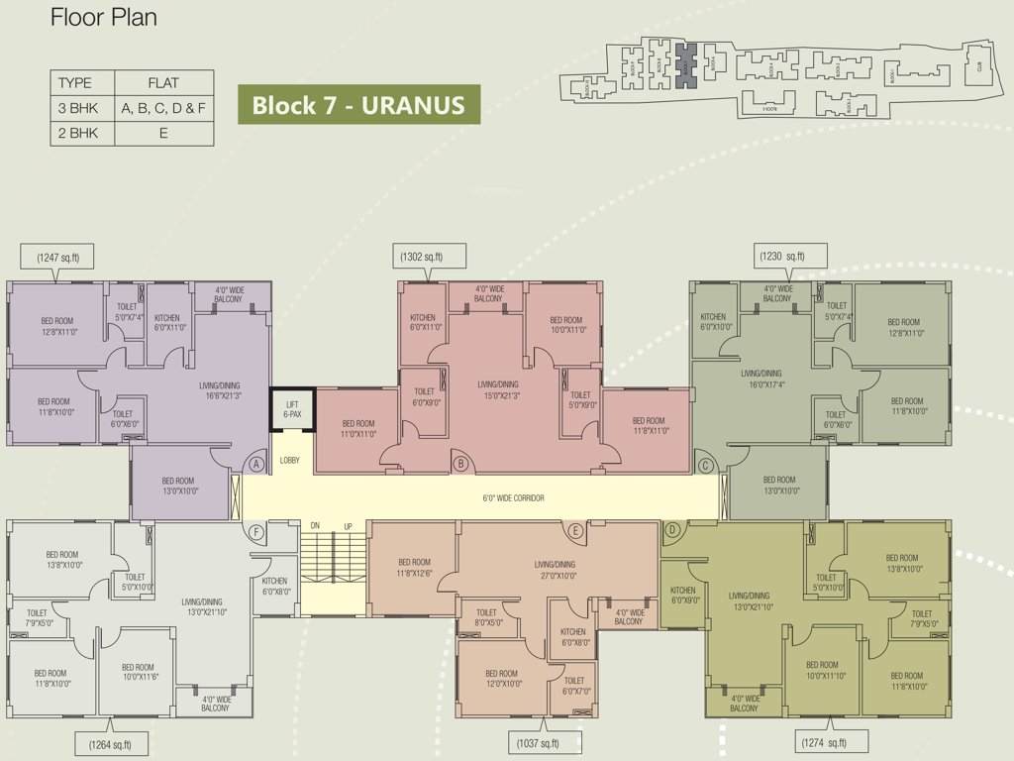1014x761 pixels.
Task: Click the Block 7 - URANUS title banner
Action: coord(358,105)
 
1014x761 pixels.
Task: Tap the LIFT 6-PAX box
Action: coord(291,409)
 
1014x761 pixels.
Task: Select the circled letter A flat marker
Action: coord(255,464)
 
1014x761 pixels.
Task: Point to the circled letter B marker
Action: coord(459,463)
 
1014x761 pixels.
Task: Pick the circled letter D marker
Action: coord(671,531)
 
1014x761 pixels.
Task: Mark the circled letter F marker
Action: coord(256,532)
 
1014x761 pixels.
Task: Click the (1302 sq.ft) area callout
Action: coord(422,258)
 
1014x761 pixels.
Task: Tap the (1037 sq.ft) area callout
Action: coord(538,743)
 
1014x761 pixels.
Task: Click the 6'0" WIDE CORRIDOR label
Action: coord(513,498)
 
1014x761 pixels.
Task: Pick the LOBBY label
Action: coord(289,461)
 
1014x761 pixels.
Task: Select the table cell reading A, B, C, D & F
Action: coord(163,108)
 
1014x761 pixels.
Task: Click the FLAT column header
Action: coord(163,82)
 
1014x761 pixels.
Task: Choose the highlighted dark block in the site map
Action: coord(686,66)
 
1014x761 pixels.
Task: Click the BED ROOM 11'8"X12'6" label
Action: coord(414,568)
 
